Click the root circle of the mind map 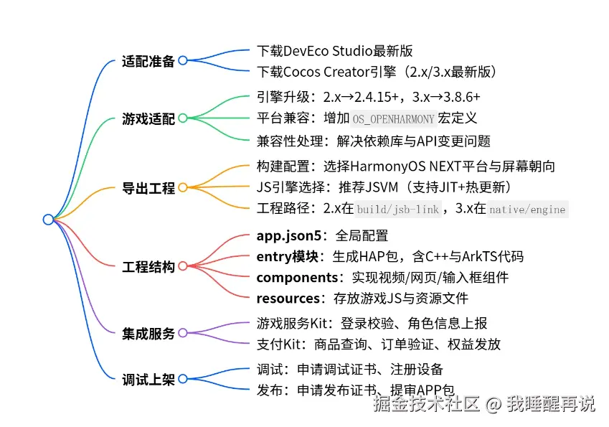click(x=48, y=219)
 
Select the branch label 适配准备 click(x=148, y=61)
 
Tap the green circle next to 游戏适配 click(x=182, y=118)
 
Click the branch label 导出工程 click(x=148, y=188)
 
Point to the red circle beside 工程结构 click(x=182, y=266)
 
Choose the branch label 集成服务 click(x=148, y=333)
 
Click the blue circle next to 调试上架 click(x=182, y=379)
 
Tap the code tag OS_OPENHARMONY click(x=393, y=119)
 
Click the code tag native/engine click(x=528, y=210)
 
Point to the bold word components click(x=296, y=277)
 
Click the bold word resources click(x=288, y=298)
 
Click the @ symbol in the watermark click(x=492, y=405)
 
